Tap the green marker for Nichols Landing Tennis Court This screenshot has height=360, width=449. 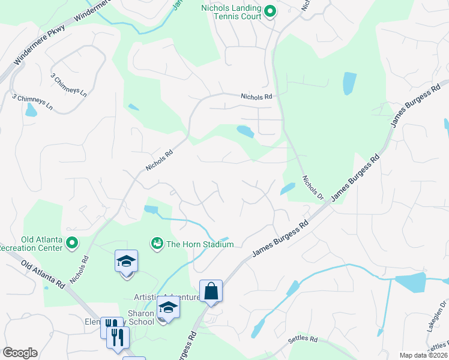pyautogui.click(x=270, y=10)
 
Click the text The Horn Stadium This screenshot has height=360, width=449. pyautogui.click(x=200, y=244)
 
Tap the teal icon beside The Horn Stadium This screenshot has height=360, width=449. pyautogui.click(x=157, y=243)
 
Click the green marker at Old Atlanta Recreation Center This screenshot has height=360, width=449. pyautogui.click(x=73, y=243)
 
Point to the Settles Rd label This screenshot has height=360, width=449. pyautogui.click(x=303, y=339)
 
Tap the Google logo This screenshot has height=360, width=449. pyautogui.click(x=20, y=353)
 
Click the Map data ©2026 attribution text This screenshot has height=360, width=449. pyautogui.click(x=423, y=355)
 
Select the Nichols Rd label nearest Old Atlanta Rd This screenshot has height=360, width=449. pyautogui.click(x=79, y=269)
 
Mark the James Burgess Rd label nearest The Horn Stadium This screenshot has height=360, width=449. pyautogui.click(x=280, y=239)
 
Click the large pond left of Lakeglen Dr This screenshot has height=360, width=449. pyautogui.click(x=410, y=281)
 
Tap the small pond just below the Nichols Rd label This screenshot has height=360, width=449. pyautogui.click(x=245, y=131)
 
